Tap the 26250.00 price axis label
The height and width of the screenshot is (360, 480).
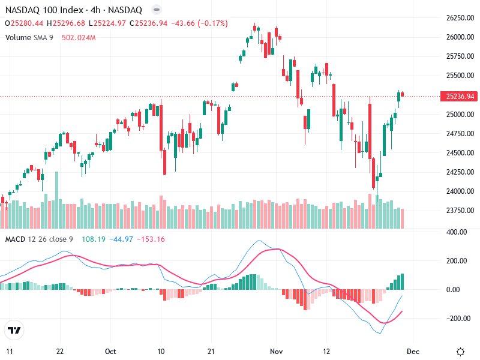tap(460, 18)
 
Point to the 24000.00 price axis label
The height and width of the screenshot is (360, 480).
tap(460, 191)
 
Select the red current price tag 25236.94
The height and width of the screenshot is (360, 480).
tap(460, 96)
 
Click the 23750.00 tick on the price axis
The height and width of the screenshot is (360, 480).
tap(460, 211)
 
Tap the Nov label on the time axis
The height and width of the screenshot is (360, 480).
tap(276, 351)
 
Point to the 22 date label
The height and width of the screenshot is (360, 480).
tap(60, 351)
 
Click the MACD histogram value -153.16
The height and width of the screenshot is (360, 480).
tap(152, 239)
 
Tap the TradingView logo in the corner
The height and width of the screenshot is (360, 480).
tap(14, 330)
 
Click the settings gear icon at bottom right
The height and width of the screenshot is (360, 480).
tap(460, 352)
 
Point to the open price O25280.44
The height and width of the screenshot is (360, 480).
tap(24, 23)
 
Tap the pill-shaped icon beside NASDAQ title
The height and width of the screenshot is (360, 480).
tap(156, 10)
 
